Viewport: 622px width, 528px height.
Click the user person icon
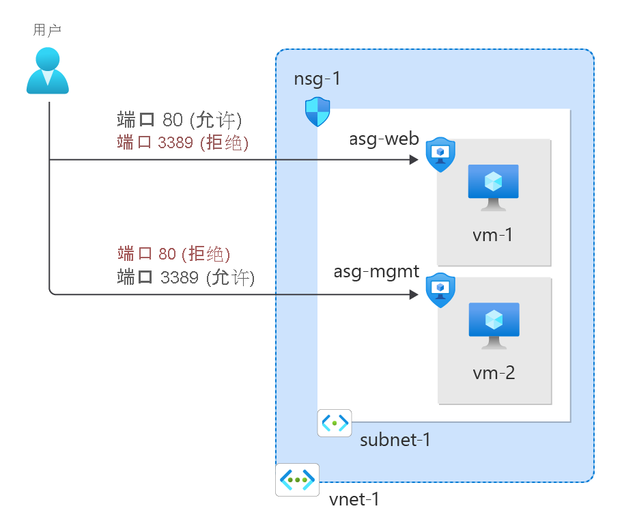pos(48,70)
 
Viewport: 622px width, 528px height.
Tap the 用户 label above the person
pos(48,30)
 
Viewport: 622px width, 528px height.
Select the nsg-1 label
pos(317,79)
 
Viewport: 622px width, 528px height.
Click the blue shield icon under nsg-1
pos(317,112)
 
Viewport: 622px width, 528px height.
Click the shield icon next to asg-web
pos(440,155)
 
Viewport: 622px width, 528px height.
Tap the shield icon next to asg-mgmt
pos(440,290)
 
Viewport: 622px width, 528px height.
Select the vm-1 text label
pos(492,236)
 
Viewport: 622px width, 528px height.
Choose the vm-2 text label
pos(492,374)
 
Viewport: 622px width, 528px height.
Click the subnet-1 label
pos(395,439)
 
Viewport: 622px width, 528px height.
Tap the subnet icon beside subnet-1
pos(335,423)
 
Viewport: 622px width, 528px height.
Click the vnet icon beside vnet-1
pos(297,480)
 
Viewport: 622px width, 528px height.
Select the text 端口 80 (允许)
pos(180,121)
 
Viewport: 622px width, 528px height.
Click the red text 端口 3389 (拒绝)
pos(182,143)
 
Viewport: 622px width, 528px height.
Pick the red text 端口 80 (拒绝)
pos(173,255)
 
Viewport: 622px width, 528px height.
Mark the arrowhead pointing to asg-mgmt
pos(414,295)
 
